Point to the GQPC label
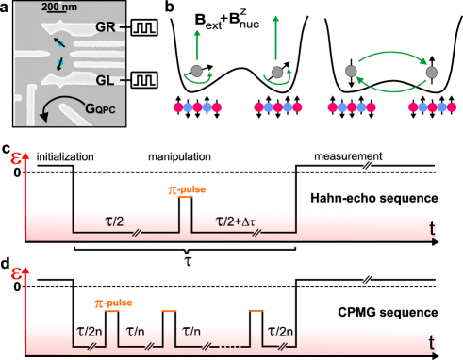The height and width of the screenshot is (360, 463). [x=91, y=106]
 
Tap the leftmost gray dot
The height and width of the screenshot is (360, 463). [x=195, y=72]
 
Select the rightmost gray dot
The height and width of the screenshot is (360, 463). [x=431, y=72]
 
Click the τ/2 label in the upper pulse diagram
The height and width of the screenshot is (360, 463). [x=124, y=219]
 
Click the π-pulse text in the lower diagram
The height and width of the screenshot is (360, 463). [x=113, y=303]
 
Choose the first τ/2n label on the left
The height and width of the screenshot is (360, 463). [x=89, y=333]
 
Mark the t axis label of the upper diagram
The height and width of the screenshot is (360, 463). [x=432, y=227]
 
